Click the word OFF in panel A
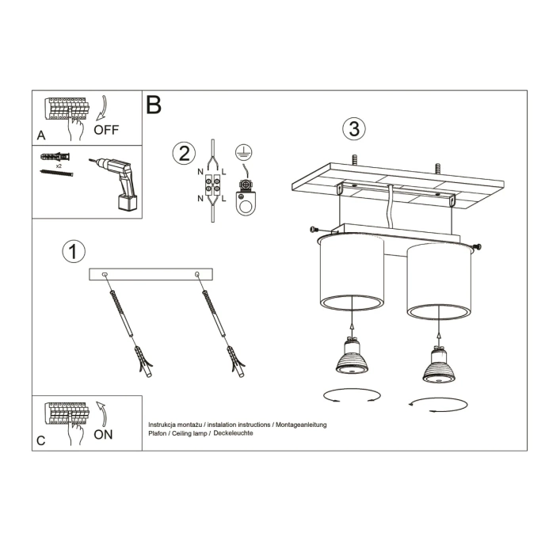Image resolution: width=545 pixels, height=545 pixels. pyautogui.click(x=106, y=129)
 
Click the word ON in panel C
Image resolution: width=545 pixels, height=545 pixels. pyautogui.click(x=103, y=434)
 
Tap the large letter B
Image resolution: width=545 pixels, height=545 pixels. pyautogui.click(x=154, y=105)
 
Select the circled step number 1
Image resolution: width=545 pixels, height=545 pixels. pyautogui.click(x=73, y=252)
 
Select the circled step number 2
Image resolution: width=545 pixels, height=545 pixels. pyautogui.click(x=184, y=153)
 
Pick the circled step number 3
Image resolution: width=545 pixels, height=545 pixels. pyautogui.click(x=353, y=128)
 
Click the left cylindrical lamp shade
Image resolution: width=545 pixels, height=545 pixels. pyautogui.click(x=352, y=273)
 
